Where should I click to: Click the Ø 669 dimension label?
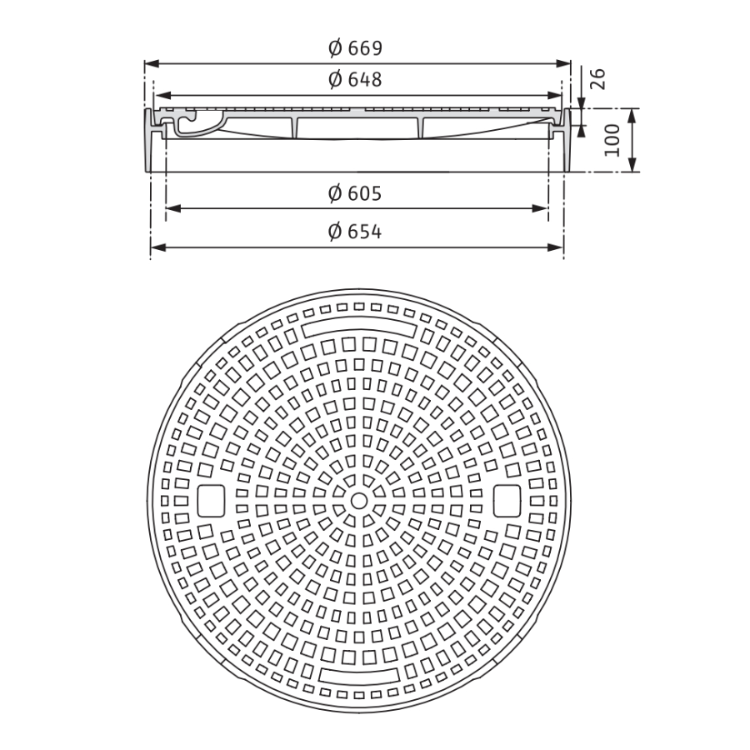(x=356, y=48)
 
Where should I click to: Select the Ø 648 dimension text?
(x=356, y=80)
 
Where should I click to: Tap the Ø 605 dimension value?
(x=356, y=194)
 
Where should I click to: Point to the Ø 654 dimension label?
(x=356, y=232)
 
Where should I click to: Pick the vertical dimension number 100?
(x=612, y=140)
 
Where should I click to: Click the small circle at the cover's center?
(x=358, y=501)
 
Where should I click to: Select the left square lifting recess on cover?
(x=212, y=501)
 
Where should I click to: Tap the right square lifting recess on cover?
(x=507, y=501)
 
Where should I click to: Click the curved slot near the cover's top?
(x=358, y=329)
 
